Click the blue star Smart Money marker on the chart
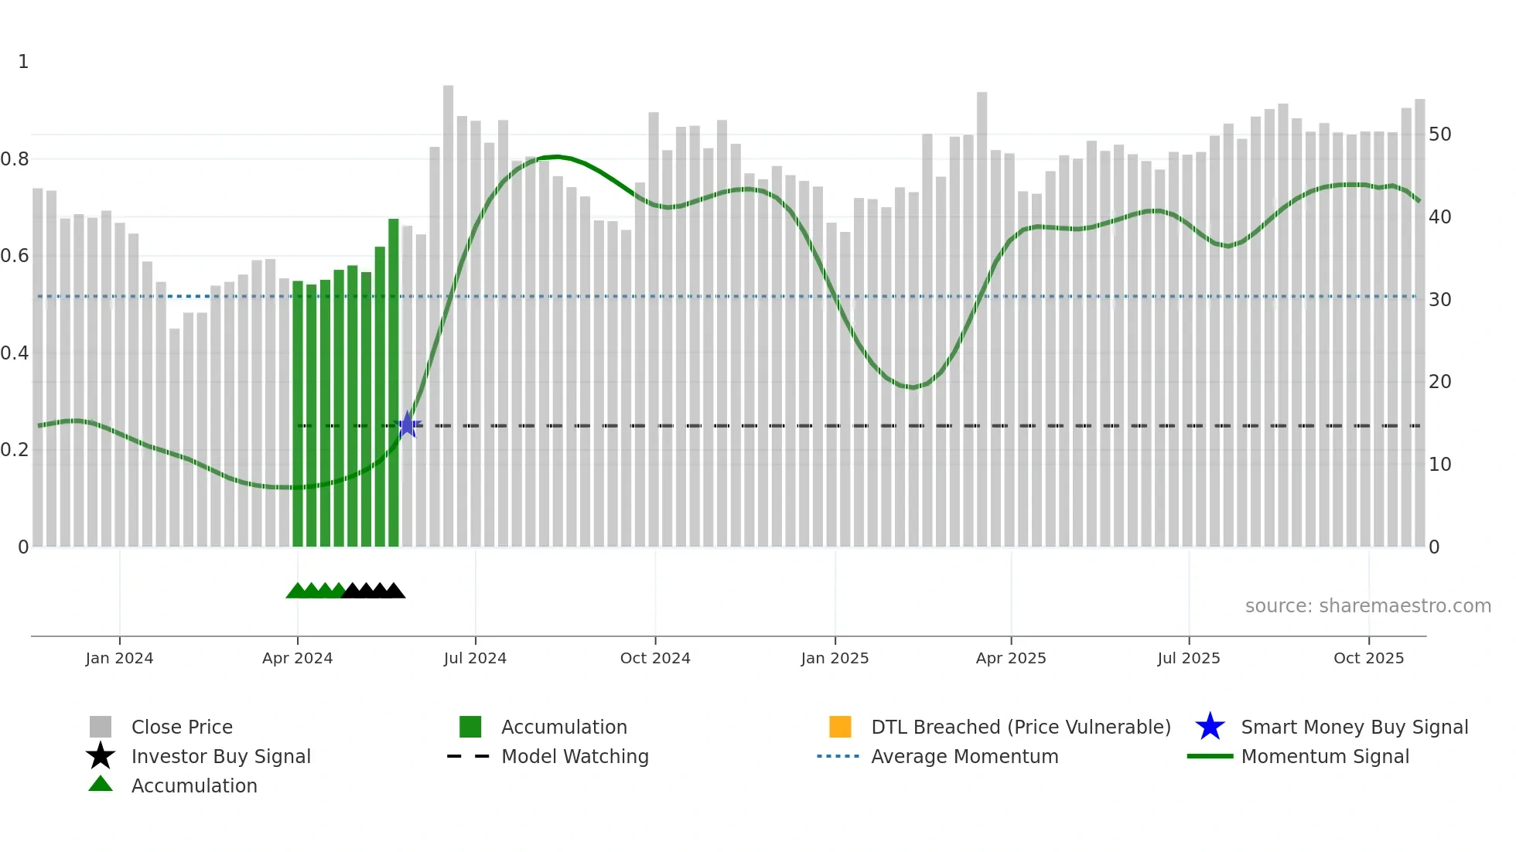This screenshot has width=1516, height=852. pos(407,424)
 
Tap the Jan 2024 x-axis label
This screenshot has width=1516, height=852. pos(119,658)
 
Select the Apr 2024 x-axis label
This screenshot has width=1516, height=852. pos(297,658)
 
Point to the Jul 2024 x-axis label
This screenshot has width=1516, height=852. pos(475,658)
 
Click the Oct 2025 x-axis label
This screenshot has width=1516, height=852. pos(1368,658)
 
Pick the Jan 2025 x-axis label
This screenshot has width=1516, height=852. pos(835,658)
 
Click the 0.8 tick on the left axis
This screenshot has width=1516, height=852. pos(15,159)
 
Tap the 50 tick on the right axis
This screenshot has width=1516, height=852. pos(1439,135)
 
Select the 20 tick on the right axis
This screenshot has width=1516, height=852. pos(1439,382)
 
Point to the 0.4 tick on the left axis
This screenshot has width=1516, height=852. pos(15,353)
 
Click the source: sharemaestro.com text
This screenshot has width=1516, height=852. pos(1367,606)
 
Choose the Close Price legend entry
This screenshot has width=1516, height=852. pos(182,727)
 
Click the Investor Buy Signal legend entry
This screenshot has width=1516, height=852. pos(220,756)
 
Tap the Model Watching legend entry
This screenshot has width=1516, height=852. pos(575,756)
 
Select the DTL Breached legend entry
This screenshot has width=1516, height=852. pos(1020,727)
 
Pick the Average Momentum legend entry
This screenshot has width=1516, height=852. pos(965,756)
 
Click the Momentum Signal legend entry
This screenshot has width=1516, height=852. pos(1325,756)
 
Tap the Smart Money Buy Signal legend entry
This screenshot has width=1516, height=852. pos(1354,727)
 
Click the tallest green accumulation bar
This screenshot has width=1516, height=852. pos(394,383)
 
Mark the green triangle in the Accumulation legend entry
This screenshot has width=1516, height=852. pos(101,784)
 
